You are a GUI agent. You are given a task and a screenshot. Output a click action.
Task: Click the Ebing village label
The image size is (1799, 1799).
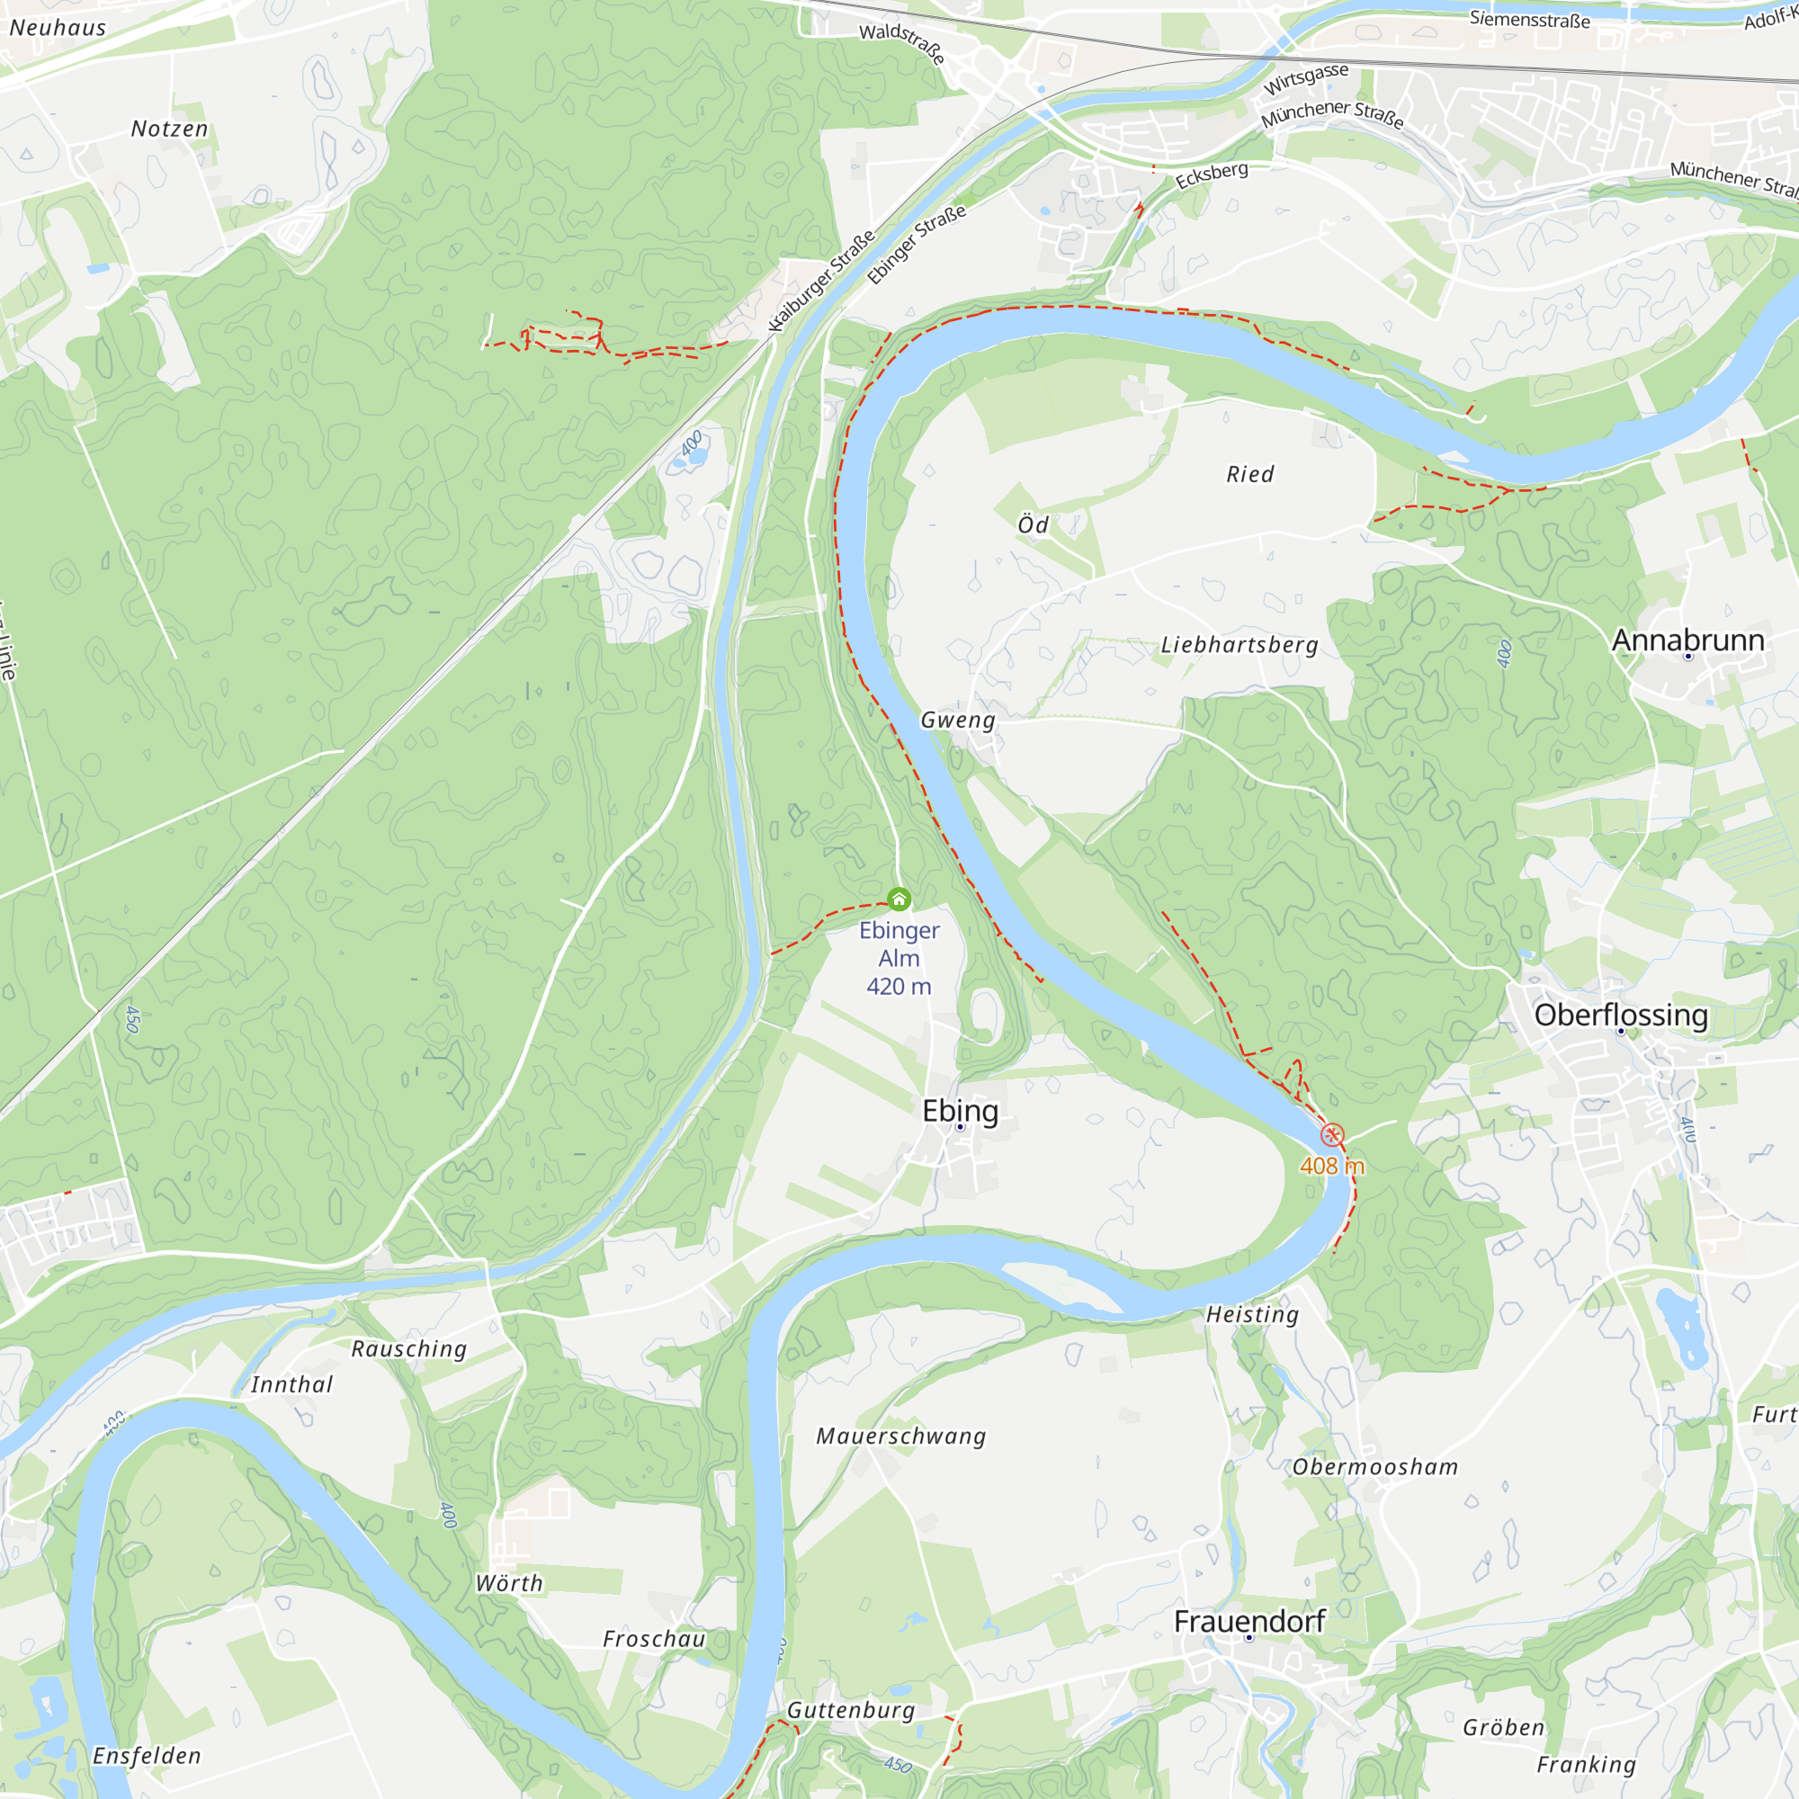(x=960, y=1111)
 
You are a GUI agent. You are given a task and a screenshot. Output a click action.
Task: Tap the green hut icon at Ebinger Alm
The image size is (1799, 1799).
(x=899, y=899)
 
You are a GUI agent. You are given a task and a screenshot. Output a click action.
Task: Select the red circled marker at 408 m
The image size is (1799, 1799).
(x=1332, y=1134)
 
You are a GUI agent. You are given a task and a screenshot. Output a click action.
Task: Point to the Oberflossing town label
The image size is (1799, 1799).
(x=1620, y=1015)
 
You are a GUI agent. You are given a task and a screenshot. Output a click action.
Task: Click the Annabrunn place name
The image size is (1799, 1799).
(x=1687, y=640)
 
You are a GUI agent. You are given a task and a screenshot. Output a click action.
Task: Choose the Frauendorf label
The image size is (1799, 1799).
(x=1249, y=1621)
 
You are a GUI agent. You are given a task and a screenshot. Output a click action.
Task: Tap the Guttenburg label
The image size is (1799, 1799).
(x=851, y=1710)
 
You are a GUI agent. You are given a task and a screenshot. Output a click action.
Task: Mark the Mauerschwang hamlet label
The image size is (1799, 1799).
(x=900, y=1436)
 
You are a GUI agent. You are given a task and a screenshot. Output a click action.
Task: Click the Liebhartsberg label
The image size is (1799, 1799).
(x=1239, y=644)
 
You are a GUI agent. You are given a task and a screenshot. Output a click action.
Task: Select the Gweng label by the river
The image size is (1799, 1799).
(x=957, y=720)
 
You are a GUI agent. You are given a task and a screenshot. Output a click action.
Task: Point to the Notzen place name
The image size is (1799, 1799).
(x=169, y=129)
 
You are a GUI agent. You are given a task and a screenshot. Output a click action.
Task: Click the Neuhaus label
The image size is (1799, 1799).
(x=58, y=28)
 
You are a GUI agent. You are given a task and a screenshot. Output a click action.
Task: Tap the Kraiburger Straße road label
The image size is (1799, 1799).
(x=821, y=281)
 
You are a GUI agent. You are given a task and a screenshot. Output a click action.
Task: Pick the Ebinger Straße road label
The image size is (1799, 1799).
(x=917, y=244)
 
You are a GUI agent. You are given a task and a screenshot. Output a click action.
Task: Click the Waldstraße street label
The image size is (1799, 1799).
(x=901, y=44)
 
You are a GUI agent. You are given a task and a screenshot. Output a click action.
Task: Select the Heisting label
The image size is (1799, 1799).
(x=1252, y=1315)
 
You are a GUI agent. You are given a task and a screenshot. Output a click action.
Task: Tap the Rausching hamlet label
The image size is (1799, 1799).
(x=408, y=1348)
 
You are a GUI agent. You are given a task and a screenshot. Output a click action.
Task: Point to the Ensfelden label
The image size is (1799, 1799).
(x=148, y=1755)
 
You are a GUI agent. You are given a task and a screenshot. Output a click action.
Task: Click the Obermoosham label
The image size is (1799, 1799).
(x=1374, y=1467)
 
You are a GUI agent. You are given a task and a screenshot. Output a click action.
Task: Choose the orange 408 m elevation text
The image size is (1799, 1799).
(x=1332, y=1166)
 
